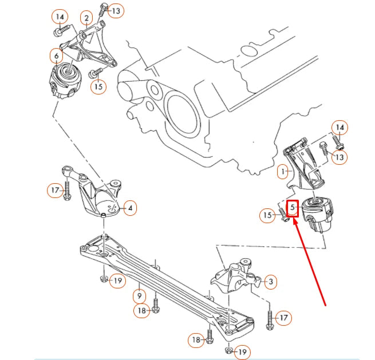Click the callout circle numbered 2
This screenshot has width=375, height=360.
[x=86, y=18]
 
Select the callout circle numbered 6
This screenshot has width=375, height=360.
[x=56, y=56]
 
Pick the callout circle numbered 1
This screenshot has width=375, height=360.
[x=282, y=171]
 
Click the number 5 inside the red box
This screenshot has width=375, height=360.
[x=293, y=207]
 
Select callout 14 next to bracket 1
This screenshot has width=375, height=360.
[x=340, y=127]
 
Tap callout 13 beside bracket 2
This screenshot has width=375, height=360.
[x=116, y=10]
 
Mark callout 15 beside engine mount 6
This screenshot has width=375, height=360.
[x=98, y=86]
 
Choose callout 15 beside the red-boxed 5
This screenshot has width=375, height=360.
[x=267, y=215]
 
